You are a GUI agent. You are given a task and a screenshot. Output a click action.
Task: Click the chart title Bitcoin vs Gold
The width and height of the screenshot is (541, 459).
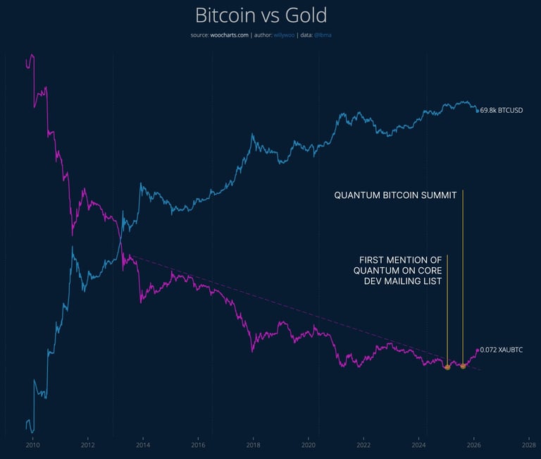[261, 16]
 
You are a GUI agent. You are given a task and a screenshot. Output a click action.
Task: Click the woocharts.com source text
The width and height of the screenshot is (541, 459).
[229, 35]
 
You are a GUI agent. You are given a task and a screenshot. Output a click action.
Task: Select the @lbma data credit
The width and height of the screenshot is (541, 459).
[323, 35]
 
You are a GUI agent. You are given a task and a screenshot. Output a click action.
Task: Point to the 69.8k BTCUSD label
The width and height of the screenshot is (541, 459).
[502, 111]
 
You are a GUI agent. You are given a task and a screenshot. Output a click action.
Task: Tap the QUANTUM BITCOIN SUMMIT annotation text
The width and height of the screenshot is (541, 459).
[395, 195]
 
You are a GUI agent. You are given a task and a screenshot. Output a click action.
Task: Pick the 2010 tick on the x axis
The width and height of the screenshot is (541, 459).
[32, 446]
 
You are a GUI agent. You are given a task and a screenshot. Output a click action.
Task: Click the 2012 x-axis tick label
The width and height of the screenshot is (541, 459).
[87, 446]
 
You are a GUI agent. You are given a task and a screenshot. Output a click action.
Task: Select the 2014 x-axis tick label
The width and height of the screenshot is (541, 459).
[142, 446]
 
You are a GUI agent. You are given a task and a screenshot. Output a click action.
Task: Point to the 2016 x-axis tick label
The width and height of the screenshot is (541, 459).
[198, 446]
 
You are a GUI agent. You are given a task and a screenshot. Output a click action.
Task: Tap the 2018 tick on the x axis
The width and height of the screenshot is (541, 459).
[253, 446]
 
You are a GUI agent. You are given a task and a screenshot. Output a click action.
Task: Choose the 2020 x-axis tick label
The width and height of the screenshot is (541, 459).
[308, 446]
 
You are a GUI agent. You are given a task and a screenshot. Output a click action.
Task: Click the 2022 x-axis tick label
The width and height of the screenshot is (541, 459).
[363, 446]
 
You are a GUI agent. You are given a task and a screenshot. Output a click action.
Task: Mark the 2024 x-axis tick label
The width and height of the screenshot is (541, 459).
[418, 446]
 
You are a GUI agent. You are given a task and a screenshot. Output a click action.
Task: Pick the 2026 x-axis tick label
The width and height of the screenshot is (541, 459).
[473, 446]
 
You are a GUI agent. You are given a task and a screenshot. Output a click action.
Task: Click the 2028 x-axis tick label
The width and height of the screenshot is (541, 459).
[528, 446]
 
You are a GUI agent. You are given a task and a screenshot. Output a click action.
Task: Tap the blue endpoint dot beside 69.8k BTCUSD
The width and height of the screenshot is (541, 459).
[478, 111]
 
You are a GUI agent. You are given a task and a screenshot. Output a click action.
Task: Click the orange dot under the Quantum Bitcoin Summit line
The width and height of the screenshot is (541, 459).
[463, 366]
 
